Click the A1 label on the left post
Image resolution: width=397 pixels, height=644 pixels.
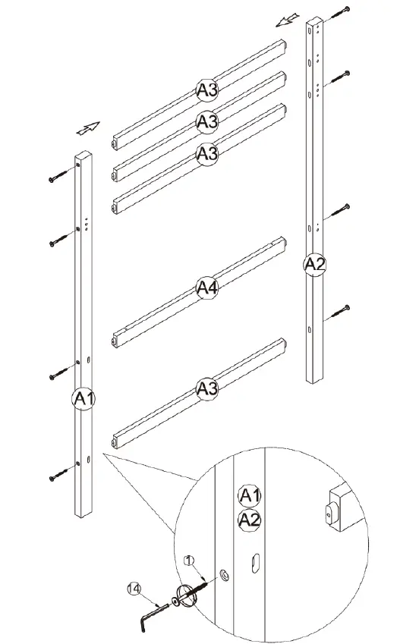pos(84,397)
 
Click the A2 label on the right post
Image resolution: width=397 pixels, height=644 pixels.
pos(314,264)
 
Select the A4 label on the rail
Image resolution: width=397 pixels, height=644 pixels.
pos(207,287)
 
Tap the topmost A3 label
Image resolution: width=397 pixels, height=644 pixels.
pos(207,90)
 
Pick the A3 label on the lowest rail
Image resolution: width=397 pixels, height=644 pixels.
pos(207,389)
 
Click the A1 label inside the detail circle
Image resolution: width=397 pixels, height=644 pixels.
pos(250,496)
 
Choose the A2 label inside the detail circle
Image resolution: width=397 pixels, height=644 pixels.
pos(250,520)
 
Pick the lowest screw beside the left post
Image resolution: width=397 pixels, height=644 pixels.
pos(58,477)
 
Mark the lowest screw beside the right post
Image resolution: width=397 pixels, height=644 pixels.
pos(341,310)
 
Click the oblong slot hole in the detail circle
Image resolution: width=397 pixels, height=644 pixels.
pos(256,562)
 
